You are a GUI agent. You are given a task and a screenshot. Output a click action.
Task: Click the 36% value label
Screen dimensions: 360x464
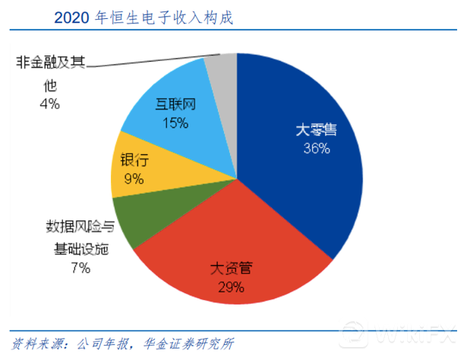click(x=316, y=149)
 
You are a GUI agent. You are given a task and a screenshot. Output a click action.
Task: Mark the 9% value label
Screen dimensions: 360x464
click(x=134, y=179)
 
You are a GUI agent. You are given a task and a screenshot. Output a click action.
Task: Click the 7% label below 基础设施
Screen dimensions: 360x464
click(x=81, y=267)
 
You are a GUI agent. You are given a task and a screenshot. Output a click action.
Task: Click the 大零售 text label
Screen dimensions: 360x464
click(x=316, y=130)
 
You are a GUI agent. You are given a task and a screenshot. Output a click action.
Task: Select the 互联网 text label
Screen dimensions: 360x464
click(x=175, y=104)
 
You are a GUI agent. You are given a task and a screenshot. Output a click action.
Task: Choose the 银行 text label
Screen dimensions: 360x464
click(x=134, y=161)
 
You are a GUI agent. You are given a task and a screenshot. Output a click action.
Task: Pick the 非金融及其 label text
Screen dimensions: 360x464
click(x=50, y=63)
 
